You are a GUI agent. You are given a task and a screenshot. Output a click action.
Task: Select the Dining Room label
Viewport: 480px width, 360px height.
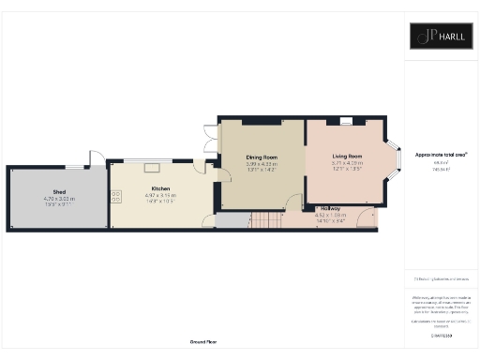262,157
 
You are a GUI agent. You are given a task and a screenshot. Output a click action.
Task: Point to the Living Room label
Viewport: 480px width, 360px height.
346,157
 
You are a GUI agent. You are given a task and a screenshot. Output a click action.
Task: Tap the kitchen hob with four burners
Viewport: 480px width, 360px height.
117,196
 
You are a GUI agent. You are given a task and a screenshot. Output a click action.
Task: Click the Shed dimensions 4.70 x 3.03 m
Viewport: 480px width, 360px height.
58,198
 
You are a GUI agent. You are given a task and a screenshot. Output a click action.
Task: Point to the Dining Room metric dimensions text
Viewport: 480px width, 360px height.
262,164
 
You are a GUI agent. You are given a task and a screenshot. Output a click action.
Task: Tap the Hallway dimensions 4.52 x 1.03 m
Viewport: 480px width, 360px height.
329,215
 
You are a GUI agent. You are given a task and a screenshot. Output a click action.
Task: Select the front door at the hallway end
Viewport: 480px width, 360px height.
374,218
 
